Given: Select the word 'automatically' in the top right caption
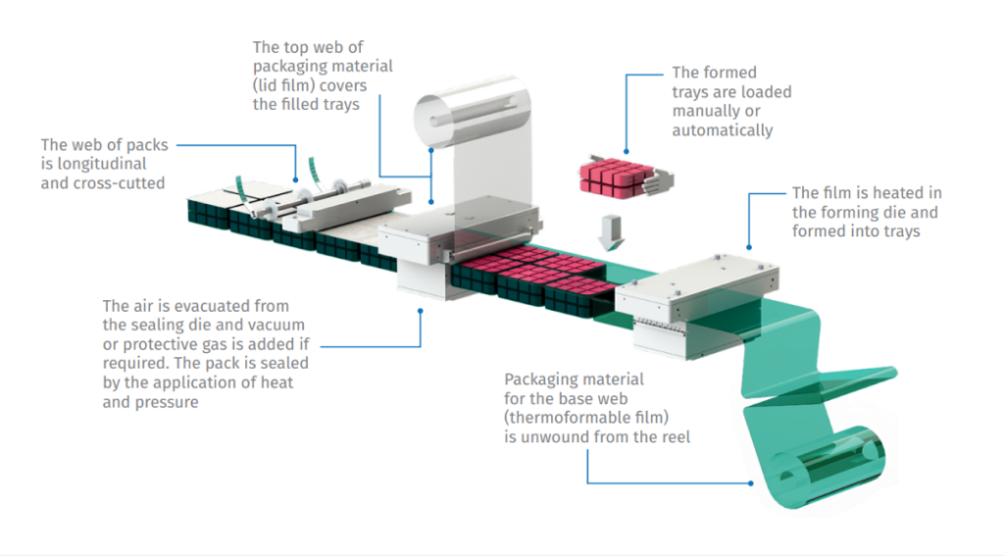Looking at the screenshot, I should pyautogui.click(x=722, y=130).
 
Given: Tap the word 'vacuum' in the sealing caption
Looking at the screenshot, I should pyautogui.click(x=279, y=325).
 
